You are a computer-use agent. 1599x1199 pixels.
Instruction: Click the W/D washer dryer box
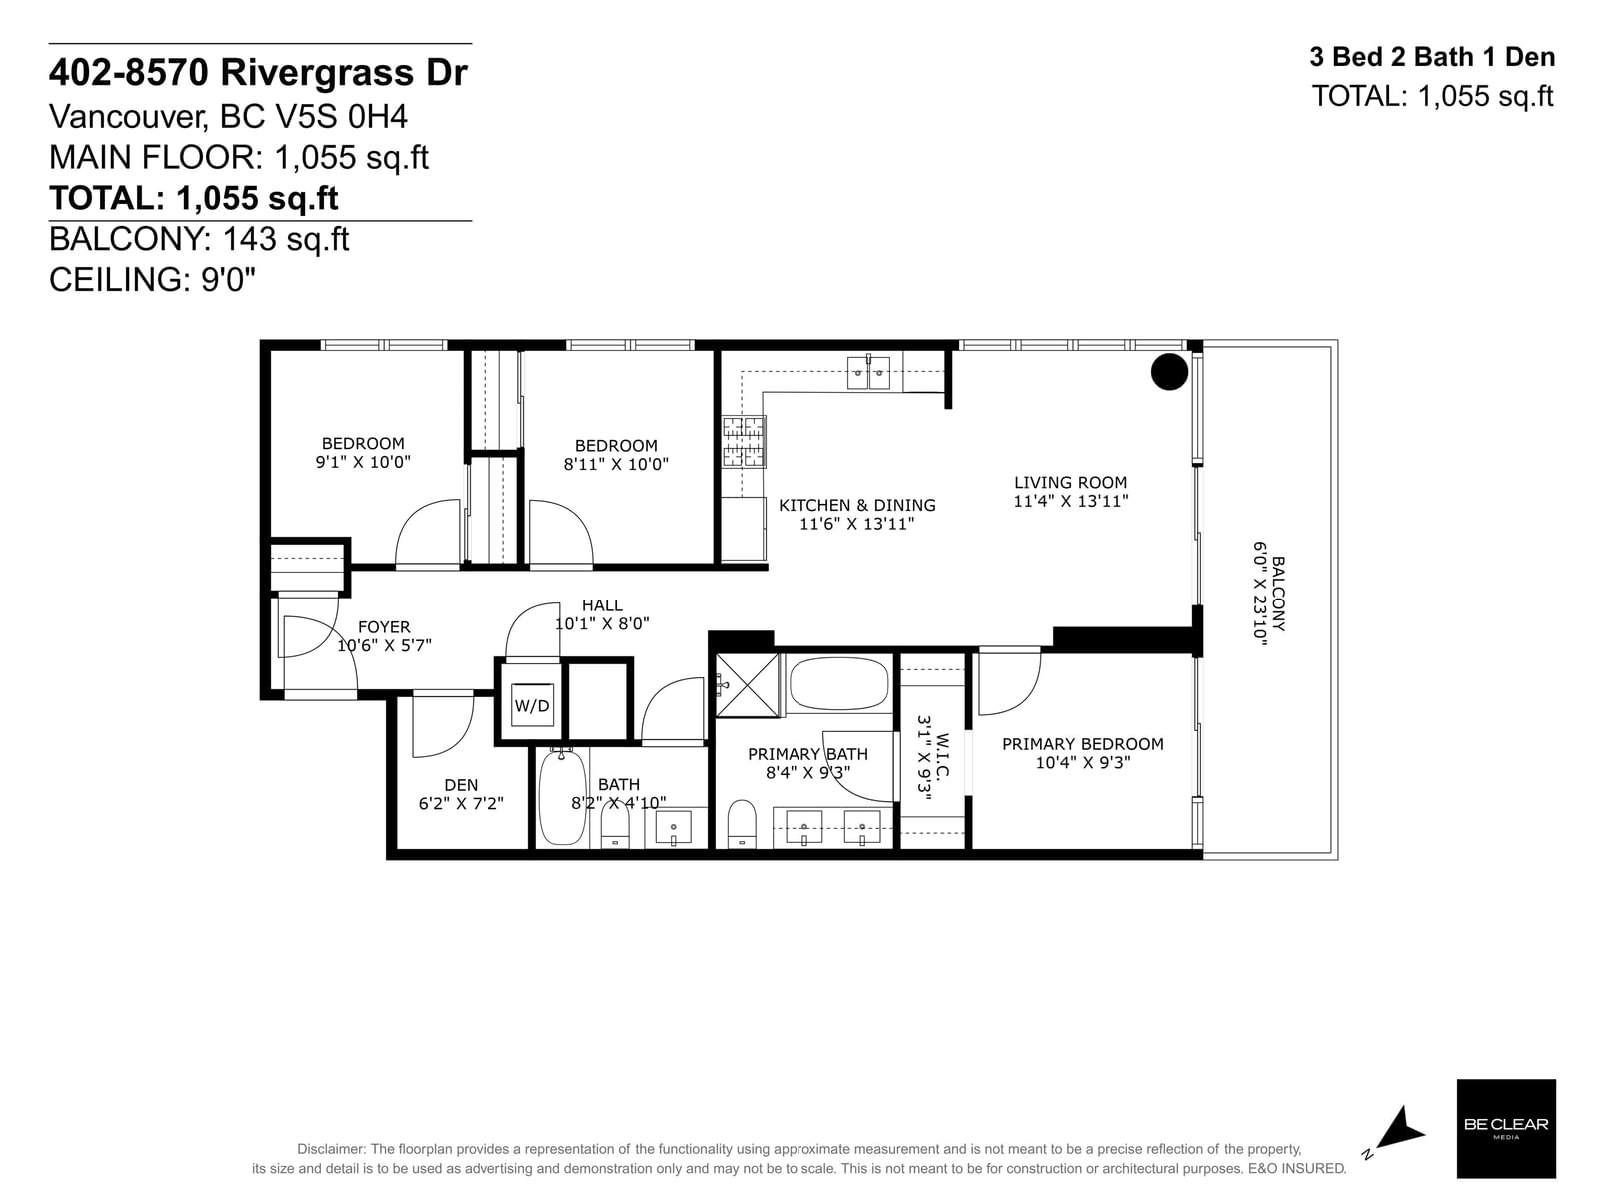531,704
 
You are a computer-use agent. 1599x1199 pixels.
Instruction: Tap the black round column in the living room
1169,372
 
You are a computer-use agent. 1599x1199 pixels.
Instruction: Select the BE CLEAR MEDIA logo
1506,1128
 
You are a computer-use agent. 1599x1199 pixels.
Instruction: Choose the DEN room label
461,785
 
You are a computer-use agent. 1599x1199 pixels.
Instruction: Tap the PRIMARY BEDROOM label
1082,744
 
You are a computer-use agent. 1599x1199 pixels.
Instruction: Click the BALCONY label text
1278,594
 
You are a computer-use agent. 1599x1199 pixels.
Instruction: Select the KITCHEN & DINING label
856,505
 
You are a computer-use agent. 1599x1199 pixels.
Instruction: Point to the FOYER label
384,626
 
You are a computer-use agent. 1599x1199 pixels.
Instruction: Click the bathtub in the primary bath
838,683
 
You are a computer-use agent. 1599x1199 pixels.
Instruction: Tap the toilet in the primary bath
742,824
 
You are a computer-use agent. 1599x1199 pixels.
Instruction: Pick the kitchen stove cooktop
744,442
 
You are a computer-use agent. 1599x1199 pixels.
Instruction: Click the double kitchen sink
868,373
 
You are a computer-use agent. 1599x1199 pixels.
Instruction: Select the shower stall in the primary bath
747,685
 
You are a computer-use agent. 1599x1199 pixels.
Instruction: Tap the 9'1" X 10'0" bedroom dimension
363,462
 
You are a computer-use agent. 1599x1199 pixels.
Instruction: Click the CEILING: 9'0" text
152,280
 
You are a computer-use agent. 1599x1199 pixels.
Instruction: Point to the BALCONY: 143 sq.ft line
199,239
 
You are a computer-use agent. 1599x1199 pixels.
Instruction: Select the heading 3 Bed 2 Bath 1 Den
1432,57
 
